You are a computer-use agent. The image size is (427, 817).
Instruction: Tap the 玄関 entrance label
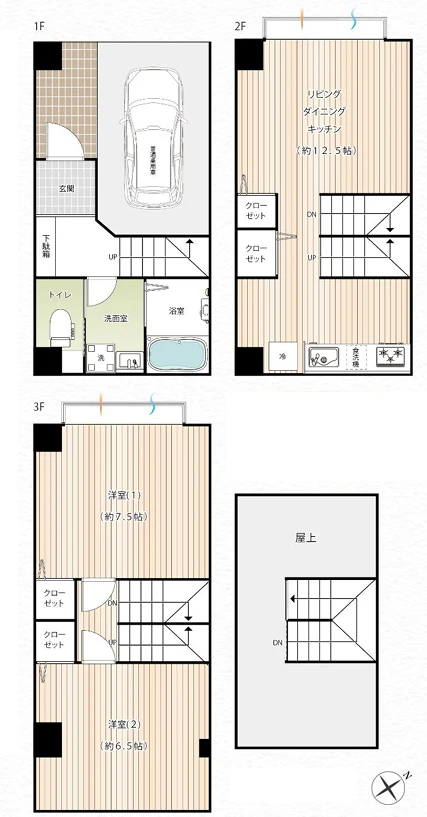coord(66,188)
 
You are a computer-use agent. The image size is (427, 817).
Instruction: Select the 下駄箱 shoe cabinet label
coord(46,245)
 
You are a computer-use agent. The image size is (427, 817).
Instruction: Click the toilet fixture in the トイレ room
coord(60,326)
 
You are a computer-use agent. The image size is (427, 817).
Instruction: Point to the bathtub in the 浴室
coord(176,353)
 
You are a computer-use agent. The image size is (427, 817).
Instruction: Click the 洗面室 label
coord(114,319)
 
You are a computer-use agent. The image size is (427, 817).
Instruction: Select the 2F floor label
coord(240,26)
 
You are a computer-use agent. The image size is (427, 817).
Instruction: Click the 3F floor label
coord(39,407)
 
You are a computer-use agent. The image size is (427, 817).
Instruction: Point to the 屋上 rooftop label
coord(306,537)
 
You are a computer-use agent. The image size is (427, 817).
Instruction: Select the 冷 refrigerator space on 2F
coord(283,356)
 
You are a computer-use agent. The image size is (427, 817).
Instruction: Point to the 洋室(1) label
coord(124,495)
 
